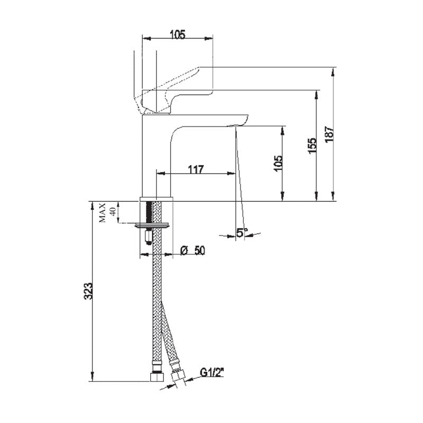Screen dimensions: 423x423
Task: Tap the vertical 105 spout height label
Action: point(279,163)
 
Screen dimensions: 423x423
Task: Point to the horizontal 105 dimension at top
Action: point(177,35)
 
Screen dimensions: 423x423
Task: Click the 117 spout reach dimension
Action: point(196,170)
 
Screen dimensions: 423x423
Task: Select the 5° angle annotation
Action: point(242,232)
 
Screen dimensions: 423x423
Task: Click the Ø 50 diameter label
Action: point(193,251)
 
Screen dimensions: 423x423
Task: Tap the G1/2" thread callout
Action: point(213,373)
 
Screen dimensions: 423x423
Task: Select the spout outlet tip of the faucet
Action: point(235,124)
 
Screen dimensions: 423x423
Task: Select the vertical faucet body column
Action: point(155,159)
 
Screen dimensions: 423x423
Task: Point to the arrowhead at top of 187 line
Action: point(334,70)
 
